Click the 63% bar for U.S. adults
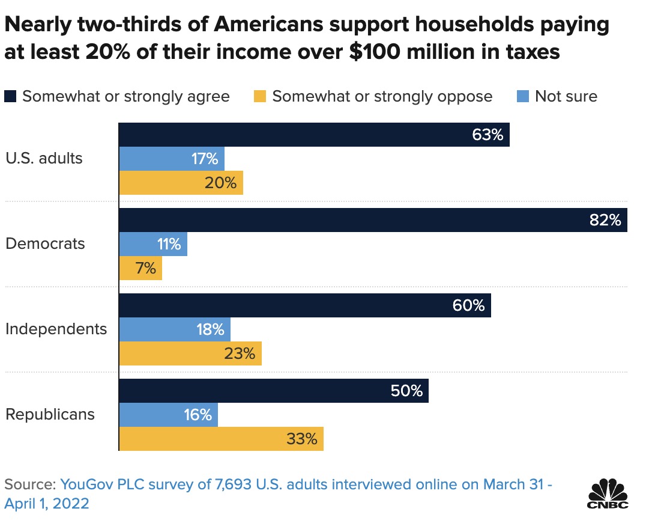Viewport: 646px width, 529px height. click(x=313, y=135)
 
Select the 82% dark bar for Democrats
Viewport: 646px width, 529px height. click(x=372, y=220)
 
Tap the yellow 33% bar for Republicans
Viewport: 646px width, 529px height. click(x=221, y=439)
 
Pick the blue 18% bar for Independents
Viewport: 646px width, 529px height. click(x=174, y=329)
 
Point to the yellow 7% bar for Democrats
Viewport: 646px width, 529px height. click(x=140, y=268)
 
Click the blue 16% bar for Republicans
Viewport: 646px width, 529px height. click(x=168, y=415)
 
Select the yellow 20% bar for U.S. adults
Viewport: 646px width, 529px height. click(x=180, y=183)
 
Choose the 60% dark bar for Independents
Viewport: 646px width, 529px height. click(x=304, y=305)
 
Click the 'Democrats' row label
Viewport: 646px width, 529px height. click(x=46, y=244)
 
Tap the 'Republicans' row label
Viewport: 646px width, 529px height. click(x=50, y=415)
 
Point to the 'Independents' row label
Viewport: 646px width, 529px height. click(x=56, y=329)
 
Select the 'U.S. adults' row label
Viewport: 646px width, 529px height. click(x=44, y=159)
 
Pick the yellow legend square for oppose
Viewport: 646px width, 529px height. click(x=260, y=96)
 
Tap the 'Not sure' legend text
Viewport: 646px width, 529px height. click(x=566, y=96)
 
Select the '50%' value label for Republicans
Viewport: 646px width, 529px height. click(x=406, y=391)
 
